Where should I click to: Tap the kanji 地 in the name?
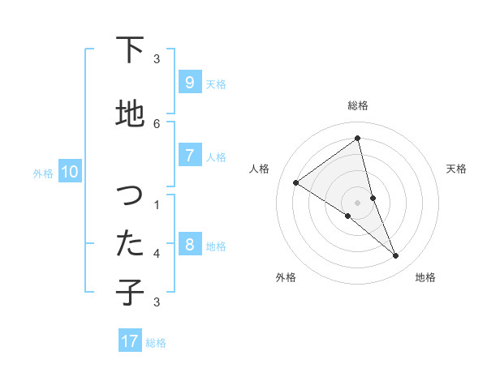[130, 114]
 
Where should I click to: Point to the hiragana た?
[130, 243]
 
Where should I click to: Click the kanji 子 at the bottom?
[130, 292]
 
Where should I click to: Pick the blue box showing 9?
[189, 83]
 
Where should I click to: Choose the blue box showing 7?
[189, 156]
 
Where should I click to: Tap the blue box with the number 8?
[189, 245]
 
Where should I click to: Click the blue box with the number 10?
[69, 172]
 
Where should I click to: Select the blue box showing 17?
[130, 341]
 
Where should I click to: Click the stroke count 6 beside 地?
[157, 123]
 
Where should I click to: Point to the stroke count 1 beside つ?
[157, 205]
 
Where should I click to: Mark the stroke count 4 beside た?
[157, 254]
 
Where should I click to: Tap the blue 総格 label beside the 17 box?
[156, 343]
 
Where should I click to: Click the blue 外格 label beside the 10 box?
[43, 173]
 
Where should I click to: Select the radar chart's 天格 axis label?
[456, 169]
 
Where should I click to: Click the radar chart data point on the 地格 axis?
[396, 256]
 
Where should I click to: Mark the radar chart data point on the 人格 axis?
[295, 182]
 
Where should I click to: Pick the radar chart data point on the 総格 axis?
[357, 139]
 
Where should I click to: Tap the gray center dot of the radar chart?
[357, 202]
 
